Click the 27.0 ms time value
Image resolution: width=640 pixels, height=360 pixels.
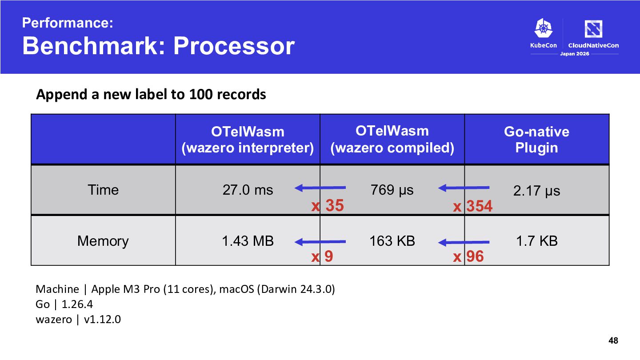pos(248,190)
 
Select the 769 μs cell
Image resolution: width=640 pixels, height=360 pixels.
pos(392,191)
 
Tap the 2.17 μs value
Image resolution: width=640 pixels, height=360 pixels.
pos(536,191)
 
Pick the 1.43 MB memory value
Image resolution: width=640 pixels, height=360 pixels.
pos(248,241)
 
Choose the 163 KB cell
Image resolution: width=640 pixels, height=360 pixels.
pos(392,241)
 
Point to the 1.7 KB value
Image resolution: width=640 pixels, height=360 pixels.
pos(537,241)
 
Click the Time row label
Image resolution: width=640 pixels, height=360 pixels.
pos(103,190)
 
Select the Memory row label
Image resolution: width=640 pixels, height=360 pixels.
pos(103,241)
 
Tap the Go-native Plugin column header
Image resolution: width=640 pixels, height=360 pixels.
pos(536,140)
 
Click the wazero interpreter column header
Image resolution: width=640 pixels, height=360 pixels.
pos(248,140)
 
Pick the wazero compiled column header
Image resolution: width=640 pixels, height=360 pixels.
pos(392,140)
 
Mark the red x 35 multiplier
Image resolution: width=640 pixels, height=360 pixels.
pos(328,205)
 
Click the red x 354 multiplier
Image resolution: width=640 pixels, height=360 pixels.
pos(473,206)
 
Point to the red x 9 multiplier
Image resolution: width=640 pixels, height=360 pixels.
pos(322,256)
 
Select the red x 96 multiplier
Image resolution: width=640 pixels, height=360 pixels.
pos(468,256)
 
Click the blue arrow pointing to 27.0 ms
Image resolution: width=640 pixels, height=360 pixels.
pos(320,188)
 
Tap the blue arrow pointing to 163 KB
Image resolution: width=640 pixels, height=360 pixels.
pos(464,243)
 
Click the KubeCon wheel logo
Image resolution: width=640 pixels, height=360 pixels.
pos(544,28)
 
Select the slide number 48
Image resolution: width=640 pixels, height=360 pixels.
pos(613,340)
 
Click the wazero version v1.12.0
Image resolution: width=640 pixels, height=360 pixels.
pos(102,320)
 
